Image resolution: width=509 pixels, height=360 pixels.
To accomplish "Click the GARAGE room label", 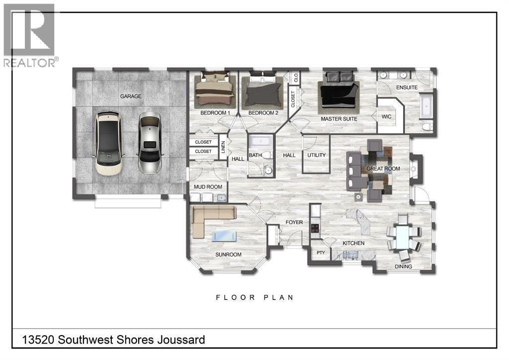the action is click(x=131, y=96).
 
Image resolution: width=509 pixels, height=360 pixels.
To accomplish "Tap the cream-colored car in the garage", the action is click(x=109, y=144).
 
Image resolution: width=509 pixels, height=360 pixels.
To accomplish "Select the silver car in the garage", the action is click(x=150, y=143).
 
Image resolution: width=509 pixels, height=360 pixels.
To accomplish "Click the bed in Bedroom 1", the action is click(x=215, y=90).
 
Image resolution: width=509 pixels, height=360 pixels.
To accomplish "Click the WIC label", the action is click(x=386, y=116).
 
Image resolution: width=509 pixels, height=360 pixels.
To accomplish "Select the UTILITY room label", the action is click(x=316, y=155).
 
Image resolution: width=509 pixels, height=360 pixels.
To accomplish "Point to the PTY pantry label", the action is click(x=321, y=253).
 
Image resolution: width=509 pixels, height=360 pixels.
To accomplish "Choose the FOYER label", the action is click(x=294, y=222).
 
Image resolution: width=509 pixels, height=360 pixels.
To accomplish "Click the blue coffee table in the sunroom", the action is click(x=224, y=236).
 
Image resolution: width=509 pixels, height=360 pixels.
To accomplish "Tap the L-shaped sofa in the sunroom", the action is click(x=211, y=219).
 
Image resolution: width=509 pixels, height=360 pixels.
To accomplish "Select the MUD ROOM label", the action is click(x=208, y=187).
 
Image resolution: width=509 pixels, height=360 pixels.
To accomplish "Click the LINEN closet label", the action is click(x=223, y=147).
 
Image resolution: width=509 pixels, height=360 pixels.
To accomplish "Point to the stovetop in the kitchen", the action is click(x=315, y=228).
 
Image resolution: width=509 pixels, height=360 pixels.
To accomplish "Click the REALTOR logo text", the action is click(x=29, y=63).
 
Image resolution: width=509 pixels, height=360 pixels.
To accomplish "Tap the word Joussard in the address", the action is click(x=181, y=340).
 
